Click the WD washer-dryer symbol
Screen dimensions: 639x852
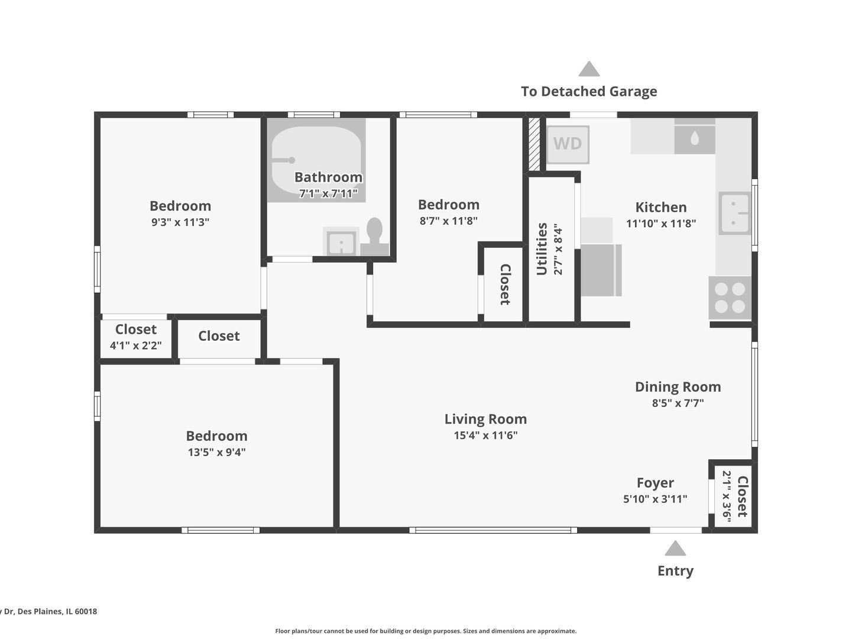[568, 144]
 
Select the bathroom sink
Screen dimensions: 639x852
[341, 242]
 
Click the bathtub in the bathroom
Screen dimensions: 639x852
[316, 160]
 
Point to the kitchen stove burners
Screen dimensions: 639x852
[730, 298]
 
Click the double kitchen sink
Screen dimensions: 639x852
[734, 213]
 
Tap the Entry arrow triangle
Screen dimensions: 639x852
[675, 548]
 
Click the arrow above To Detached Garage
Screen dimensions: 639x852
[589, 69]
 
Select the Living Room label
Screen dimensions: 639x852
[485, 419]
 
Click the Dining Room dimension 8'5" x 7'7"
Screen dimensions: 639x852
[678, 404]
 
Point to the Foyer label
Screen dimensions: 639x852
[655, 483]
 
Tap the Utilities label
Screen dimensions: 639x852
[542, 249]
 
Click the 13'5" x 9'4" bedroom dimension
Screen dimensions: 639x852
[216, 453]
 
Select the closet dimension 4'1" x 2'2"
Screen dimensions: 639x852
[136, 346]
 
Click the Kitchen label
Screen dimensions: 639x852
[660, 207]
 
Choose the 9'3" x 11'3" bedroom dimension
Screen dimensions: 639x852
[180, 222]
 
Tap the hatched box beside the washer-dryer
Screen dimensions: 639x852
[534, 144]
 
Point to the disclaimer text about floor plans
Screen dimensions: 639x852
[426, 631]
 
